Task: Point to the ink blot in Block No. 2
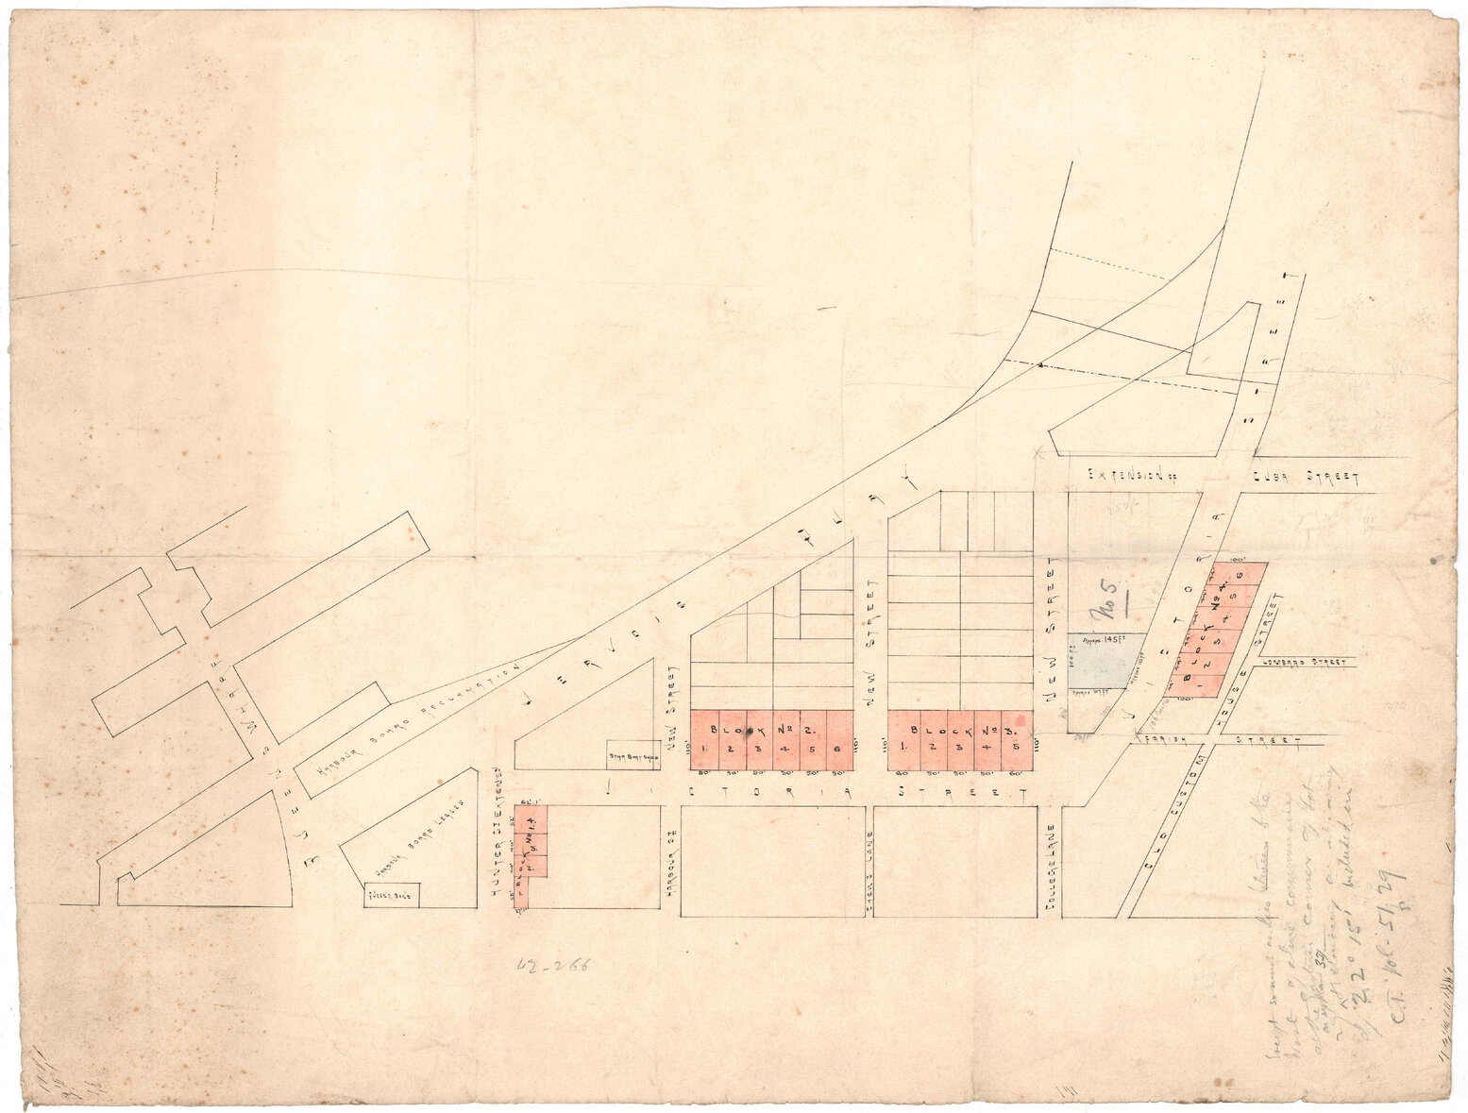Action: point(750,732)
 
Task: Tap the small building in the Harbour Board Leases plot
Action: point(392,894)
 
